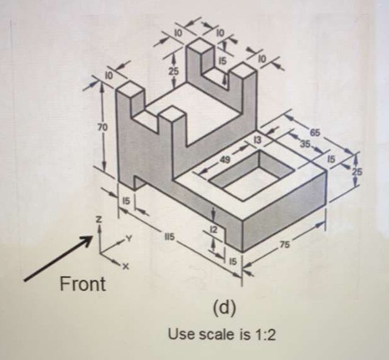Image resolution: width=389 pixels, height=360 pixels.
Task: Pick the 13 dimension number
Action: point(258,137)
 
